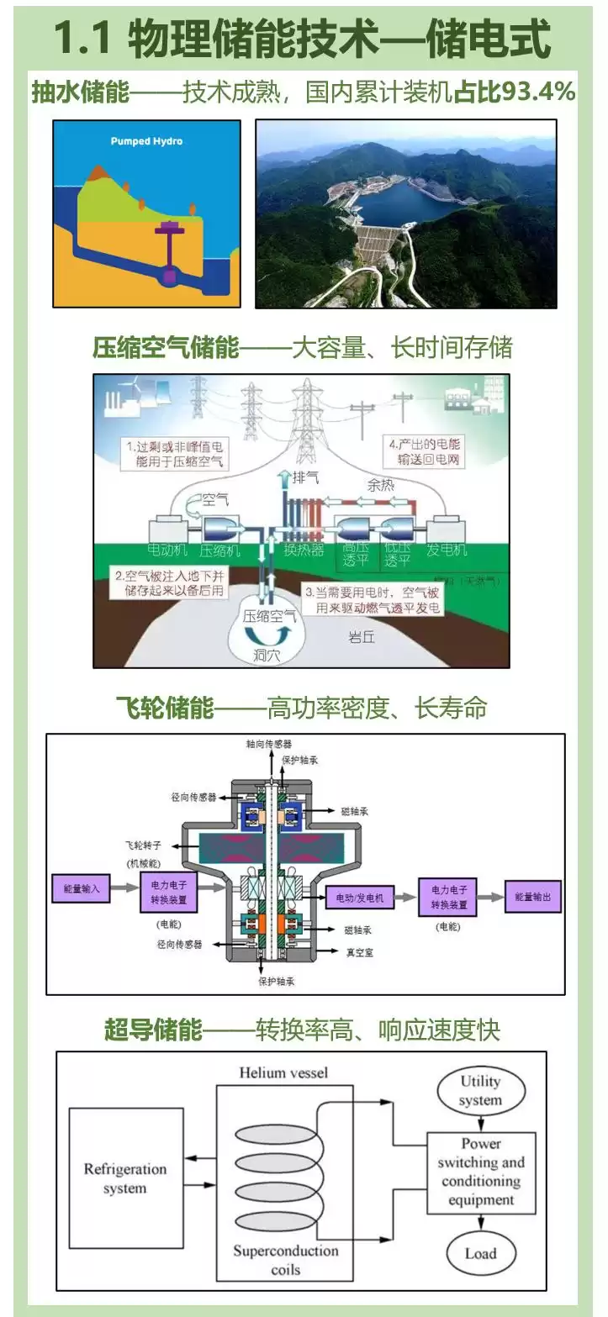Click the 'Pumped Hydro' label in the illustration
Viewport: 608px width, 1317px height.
[x=146, y=141]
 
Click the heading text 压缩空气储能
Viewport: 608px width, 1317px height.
[x=166, y=347]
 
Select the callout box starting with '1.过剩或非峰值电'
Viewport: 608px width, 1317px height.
[x=176, y=453]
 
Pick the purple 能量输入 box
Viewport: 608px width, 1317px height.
[x=81, y=888]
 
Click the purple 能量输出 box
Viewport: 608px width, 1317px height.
[x=532, y=897]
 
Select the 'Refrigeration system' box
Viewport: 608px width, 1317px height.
[x=125, y=1178]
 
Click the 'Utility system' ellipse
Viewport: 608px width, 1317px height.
[x=480, y=1090]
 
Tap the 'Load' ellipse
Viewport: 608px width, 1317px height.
[x=480, y=1253]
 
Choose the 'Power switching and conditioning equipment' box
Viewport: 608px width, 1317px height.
[x=480, y=1172]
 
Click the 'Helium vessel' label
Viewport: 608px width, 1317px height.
[x=283, y=1072]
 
